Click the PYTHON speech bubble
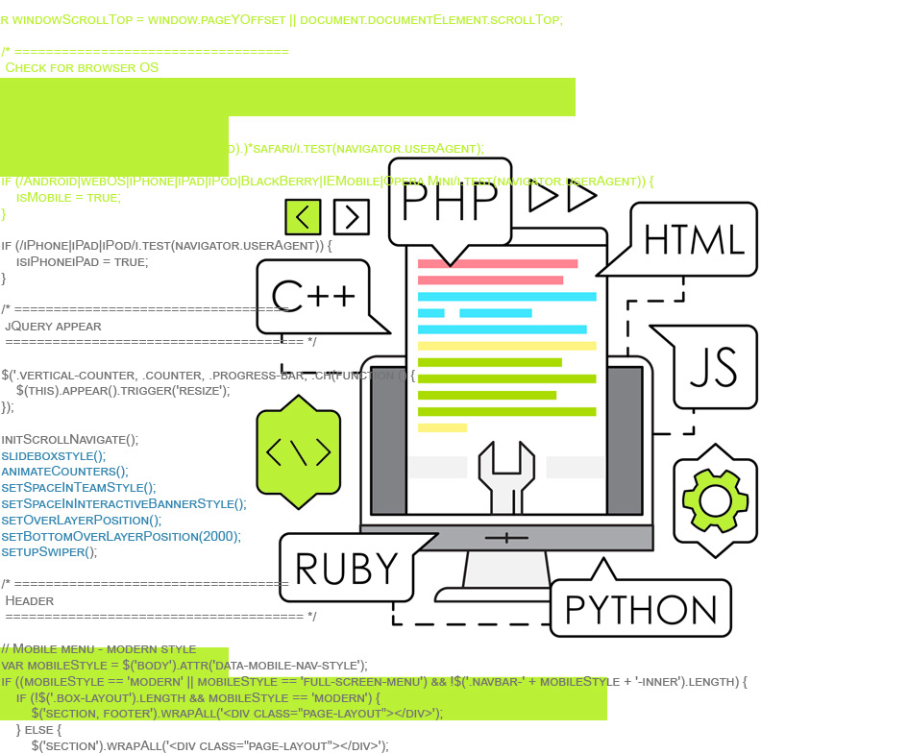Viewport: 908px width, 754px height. point(641,609)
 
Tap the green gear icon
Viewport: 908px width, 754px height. point(715,499)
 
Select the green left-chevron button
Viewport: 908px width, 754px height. point(303,216)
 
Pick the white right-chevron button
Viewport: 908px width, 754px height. point(351,216)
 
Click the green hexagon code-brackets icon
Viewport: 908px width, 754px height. point(298,451)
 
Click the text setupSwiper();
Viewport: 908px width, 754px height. point(49,552)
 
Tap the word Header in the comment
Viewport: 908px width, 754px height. point(30,600)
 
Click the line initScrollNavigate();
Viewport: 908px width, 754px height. point(69,439)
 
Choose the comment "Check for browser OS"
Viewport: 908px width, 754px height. point(82,68)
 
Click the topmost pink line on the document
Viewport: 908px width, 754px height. point(498,263)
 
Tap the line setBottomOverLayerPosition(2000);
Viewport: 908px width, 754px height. point(121,536)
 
